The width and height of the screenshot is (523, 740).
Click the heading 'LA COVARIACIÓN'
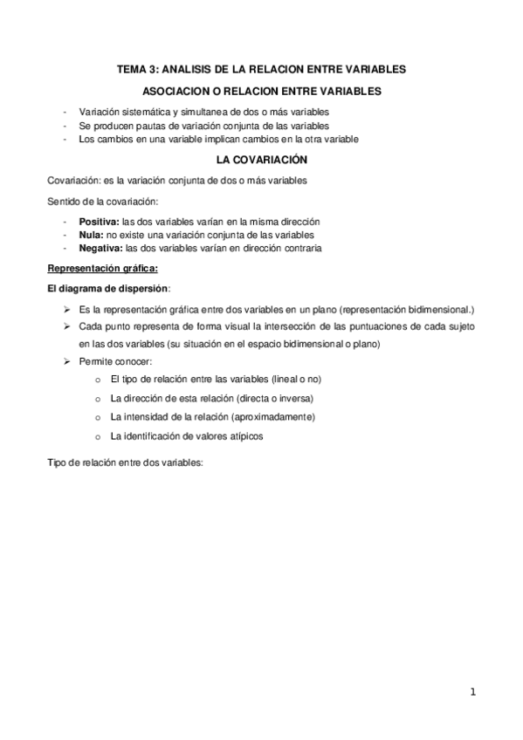pos(261,161)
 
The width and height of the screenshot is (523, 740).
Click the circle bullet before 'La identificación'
pos(96,435)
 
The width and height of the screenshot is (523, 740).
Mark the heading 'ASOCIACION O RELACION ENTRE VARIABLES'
pos(261,91)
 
